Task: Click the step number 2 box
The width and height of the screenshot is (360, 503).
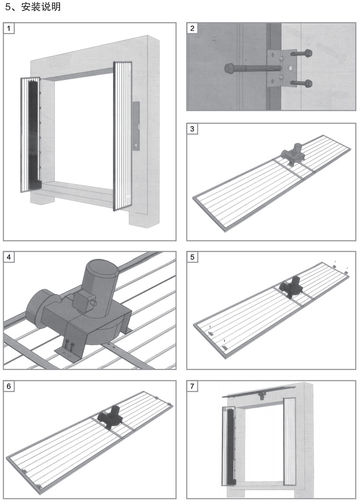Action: click(193, 28)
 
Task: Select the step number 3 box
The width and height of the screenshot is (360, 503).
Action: click(193, 129)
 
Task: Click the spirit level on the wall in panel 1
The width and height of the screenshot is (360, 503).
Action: click(136, 126)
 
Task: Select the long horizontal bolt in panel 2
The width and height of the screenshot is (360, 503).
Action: click(250, 68)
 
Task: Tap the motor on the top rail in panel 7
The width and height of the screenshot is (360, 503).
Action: click(261, 395)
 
